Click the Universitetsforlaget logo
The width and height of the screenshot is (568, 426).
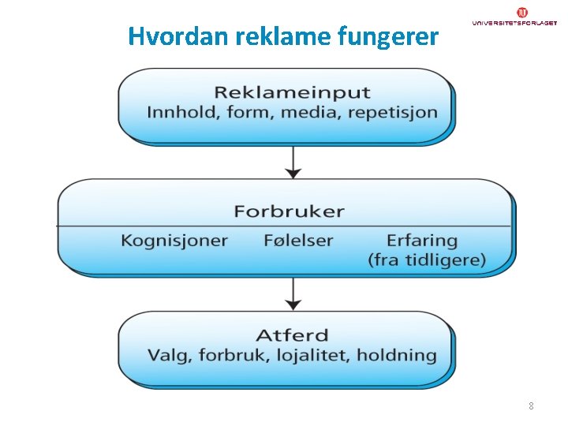514,17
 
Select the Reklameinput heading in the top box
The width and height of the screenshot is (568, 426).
292,93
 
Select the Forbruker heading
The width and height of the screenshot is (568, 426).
289,211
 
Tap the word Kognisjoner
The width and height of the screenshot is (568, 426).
174,241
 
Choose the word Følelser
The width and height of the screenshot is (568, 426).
298,241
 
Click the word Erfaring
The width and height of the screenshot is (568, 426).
422,241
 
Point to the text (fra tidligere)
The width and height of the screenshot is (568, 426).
427,260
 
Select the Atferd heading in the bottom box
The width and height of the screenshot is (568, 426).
292,336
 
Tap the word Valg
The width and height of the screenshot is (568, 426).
169,355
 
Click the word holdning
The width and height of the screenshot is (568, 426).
396,355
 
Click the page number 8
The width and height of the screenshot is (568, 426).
531,406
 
